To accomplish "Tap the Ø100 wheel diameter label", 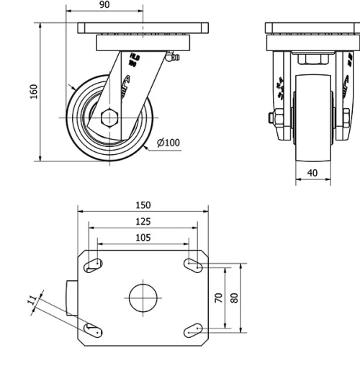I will pyautogui.click(x=168, y=143).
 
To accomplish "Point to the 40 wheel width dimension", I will pyautogui.click(x=312, y=173).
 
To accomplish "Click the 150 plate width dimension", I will pyautogui.click(x=143, y=205).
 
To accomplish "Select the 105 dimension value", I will pyautogui.click(x=143, y=237).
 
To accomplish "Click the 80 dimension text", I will pyautogui.click(x=235, y=297).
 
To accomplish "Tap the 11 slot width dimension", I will pyautogui.click(x=32, y=303).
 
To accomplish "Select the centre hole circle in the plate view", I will pyautogui.click(x=143, y=297).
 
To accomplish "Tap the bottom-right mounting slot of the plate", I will pyautogui.click(x=192, y=329).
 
